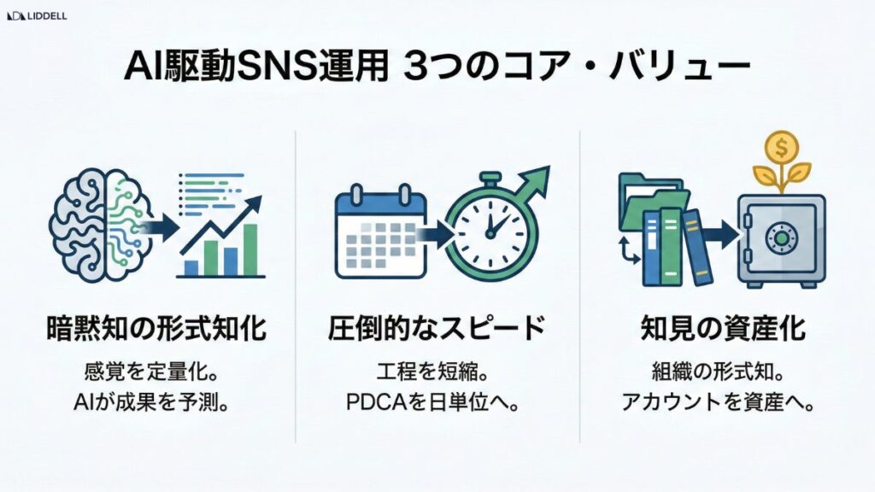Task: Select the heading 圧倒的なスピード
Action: pyautogui.click(x=437, y=328)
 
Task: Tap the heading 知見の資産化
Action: pyautogui.click(x=723, y=328)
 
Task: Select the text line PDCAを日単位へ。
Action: pyautogui.click(x=437, y=401)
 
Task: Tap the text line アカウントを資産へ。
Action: pyautogui.click(x=724, y=401)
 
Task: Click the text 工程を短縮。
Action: pyautogui.click(x=437, y=372)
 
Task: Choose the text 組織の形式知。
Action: pyautogui.click(x=724, y=372)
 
